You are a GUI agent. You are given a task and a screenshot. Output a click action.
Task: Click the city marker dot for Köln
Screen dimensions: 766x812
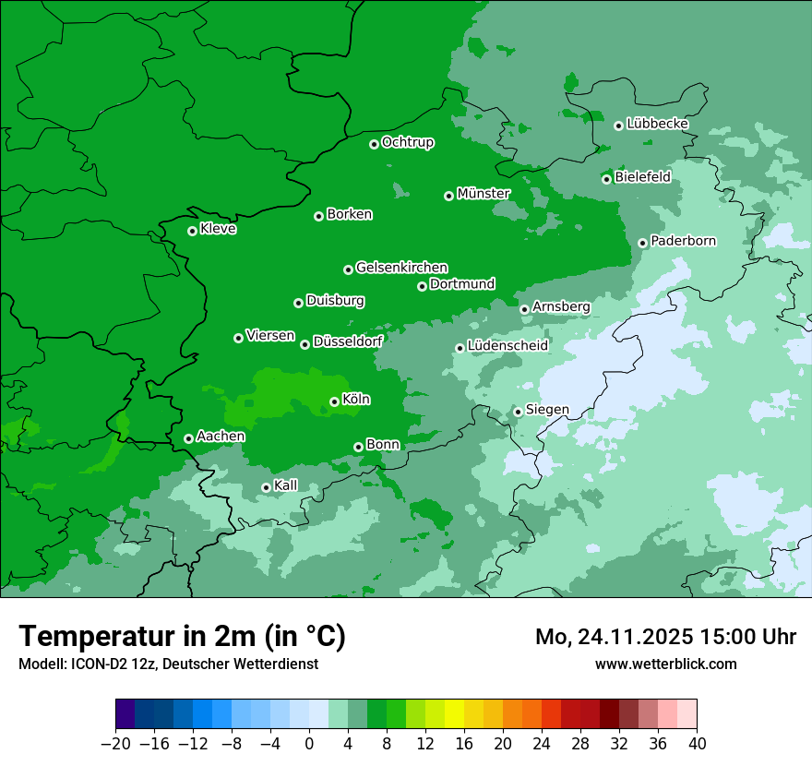tap(334, 401)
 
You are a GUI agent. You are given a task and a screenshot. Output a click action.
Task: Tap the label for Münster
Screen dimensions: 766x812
tap(484, 194)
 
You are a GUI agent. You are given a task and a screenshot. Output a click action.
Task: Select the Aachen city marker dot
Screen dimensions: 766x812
tap(188, 438)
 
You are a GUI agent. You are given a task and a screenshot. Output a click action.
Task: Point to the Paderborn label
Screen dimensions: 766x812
tap(683, 242)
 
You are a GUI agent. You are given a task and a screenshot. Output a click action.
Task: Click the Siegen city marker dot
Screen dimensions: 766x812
tap(518, 412)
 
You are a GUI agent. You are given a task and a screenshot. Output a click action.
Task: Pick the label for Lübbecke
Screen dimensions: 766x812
tap(657, 124)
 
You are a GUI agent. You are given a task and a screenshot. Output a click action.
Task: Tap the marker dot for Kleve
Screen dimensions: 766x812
tap(192, 231)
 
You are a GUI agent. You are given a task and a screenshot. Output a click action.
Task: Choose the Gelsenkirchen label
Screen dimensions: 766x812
tap(401, 268)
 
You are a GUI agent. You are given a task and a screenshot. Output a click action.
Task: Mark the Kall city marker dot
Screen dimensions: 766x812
tap(266, 487)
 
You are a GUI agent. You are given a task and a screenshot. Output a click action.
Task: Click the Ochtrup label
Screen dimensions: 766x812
tap(407, 142)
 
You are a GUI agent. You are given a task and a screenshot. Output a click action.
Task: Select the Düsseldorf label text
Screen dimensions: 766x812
tap(347, 341)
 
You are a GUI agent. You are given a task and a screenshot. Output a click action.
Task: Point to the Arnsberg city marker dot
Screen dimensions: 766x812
tap(524, 309)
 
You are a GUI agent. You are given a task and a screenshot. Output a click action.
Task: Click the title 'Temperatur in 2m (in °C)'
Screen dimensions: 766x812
tap(182, 637)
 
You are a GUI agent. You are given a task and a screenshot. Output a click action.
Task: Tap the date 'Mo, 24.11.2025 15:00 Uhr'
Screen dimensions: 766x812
tap(665, 637)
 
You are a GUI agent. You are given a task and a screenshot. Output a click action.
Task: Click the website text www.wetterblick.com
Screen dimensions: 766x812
tap(665, 664)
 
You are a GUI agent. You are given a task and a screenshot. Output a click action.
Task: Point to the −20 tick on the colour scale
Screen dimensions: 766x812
tap(115, 744)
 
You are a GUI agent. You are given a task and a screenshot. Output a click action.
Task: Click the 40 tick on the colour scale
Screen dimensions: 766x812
tap(697, 744)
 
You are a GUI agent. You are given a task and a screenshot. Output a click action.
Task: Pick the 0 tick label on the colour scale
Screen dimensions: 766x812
tap(309, 744)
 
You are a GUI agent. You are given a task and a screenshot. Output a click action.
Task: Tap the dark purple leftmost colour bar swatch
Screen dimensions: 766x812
tap(125, 714)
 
